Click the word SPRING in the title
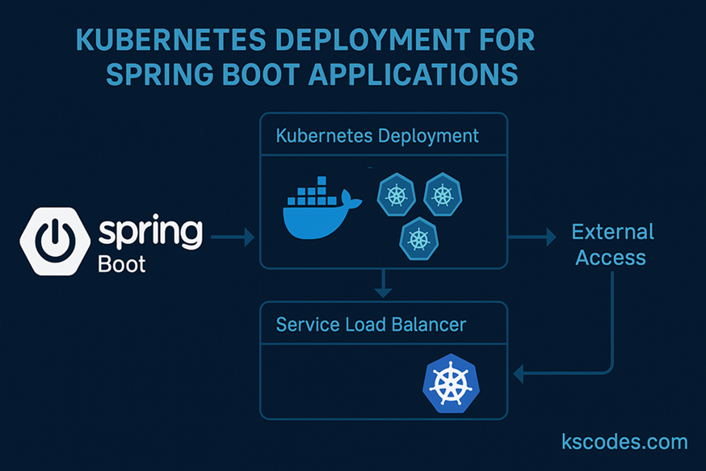(x=156, y=74)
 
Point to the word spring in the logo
(x=149, y=233)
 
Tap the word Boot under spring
(x=121, y=264)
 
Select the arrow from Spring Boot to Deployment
(x=233, y=238)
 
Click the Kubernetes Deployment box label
(x=377, y=135)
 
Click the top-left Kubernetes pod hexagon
(x=396, y=195)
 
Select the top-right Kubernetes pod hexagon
(x=442, y=195)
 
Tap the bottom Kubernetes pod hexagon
(x=418, y=238)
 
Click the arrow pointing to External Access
(x=532, y=237)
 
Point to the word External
(x=612, y=233)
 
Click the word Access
(x=612, y=259)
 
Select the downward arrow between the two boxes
(x=384, y=284)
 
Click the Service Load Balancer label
(x=371, y=325)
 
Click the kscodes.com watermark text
(x=624, y=441)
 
